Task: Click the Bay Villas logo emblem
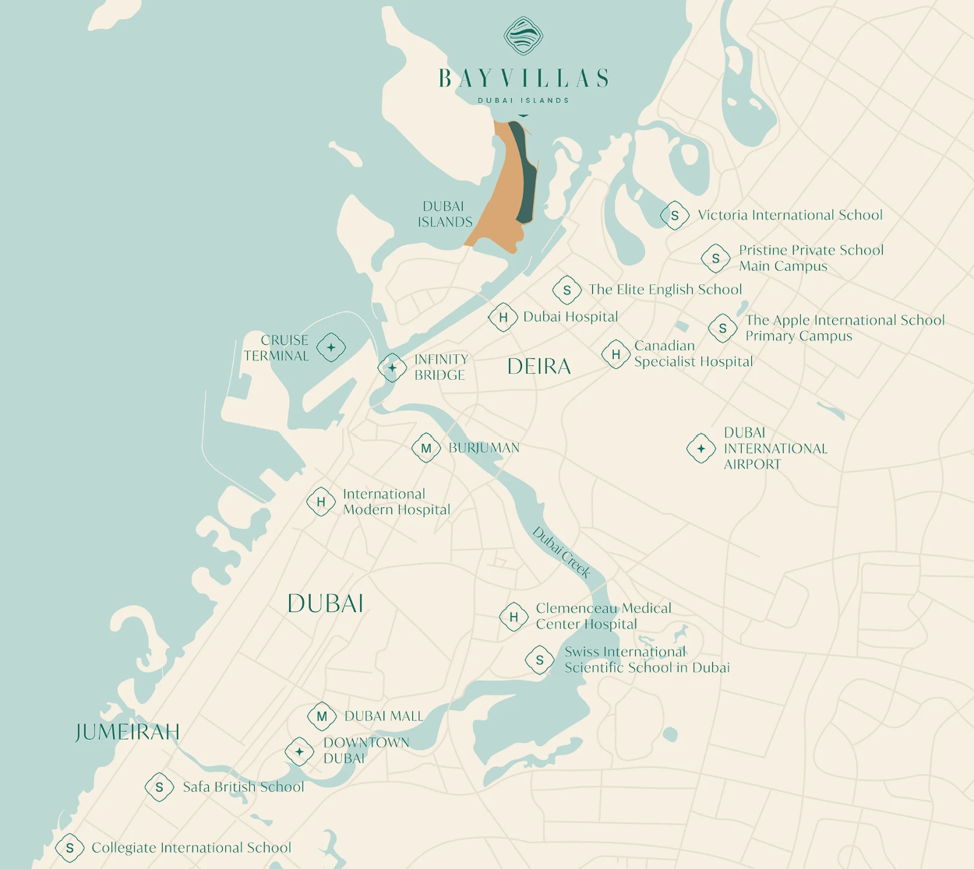click(523, 36)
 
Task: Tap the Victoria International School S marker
click(675, 216)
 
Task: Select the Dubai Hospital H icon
click(503, 317)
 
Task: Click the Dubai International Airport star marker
click(701, 449)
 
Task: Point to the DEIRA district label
click(539, 367)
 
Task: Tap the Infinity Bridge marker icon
click(392, 367)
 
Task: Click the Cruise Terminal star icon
click(331, 347)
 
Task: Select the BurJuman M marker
click(426, 448)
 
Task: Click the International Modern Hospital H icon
click(321, 502)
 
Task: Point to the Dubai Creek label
click(561, 552)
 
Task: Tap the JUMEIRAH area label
click(128, 732)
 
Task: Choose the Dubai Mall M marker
click(322, 716)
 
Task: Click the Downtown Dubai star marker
click(299, 751)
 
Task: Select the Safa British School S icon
click(159, 787)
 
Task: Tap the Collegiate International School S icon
click(69, 848)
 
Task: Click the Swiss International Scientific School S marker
click(539, 660)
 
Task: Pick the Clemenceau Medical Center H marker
click(513, 617)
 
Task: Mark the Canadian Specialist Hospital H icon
click(616, 354)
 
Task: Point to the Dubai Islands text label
click(445, 214)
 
